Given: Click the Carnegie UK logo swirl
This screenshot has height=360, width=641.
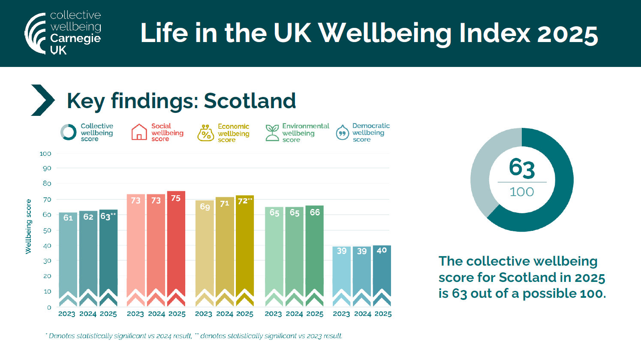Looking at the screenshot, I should click(35, 33).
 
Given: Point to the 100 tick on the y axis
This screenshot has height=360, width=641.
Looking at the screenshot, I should click(45, 154).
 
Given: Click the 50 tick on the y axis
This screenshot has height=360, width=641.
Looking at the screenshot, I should click(47, 230).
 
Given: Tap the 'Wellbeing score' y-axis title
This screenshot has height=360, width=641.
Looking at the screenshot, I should click(29, 227).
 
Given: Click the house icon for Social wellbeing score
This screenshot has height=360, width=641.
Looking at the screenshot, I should click(139, 132).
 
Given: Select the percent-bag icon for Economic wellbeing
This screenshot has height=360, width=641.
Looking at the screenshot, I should click(205, 133).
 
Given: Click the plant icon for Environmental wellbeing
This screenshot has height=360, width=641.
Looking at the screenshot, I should click(272, 133).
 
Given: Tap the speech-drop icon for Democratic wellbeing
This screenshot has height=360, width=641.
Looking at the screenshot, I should click(342, 133).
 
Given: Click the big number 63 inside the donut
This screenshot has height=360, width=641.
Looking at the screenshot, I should click(522, 168).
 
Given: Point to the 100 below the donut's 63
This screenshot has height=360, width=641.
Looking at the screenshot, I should click(522, 192).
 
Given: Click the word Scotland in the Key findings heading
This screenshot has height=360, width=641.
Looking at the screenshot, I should click(250, 101).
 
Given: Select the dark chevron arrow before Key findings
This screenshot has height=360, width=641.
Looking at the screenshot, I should click(43, 100).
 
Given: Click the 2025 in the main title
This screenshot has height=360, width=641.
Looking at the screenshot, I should click(567, 34).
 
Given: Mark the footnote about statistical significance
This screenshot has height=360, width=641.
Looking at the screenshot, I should click(194, 336).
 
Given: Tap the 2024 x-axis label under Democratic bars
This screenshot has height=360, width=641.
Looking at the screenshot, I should click(362, 314).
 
